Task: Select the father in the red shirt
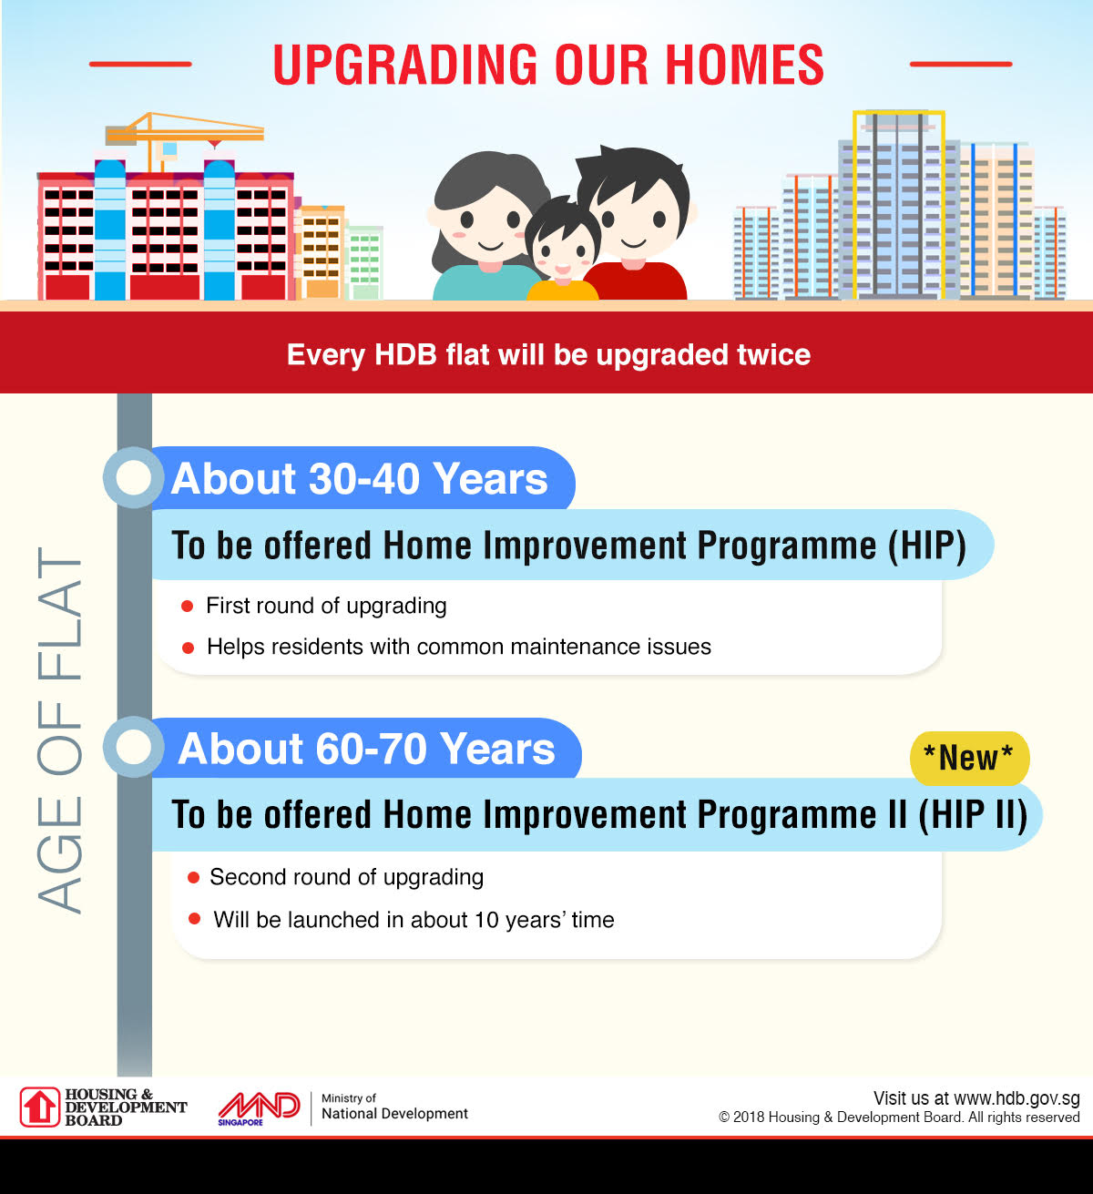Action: [x=634, y=228]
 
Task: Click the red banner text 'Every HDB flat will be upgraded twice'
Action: [x=548, y=354]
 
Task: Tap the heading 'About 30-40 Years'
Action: [x=360, y=479]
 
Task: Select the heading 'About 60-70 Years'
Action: [x=366, y=749]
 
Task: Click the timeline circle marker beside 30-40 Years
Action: [x=134, y=478]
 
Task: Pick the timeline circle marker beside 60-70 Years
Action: [x=134, y=748]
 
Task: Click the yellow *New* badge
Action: [x=968, y=758]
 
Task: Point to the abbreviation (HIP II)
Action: [x=973, y=814]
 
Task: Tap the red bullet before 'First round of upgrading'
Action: [x=188, y=607]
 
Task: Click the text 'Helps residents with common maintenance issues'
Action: [x=458, y=647]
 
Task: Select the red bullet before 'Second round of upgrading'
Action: [x=193, y=878]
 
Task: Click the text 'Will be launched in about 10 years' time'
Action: [x=414, y=920]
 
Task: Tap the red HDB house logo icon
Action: [x=40, y=1107]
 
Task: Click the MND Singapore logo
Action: [x=259, y=1107]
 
